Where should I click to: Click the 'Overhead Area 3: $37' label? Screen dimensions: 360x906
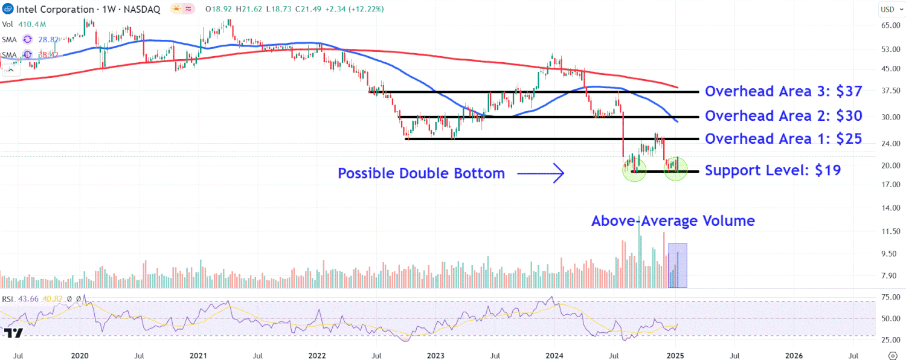tap(783, 91)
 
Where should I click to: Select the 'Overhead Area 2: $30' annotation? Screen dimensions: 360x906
tap(783, 116)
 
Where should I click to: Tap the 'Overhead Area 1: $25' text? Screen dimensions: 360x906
tap(783, 139)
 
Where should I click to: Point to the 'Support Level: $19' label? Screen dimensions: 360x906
tap(773, 170)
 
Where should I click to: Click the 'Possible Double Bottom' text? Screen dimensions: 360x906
tap(421, 174)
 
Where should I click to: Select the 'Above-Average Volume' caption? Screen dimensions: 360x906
tap(673, 221)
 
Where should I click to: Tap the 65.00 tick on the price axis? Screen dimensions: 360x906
tap(891, 25)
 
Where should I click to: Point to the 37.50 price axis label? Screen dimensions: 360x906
tap(891, 91)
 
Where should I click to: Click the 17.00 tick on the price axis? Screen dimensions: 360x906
tap(891, 184)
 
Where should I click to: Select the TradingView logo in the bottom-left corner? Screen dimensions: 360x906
tap(13, 333)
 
